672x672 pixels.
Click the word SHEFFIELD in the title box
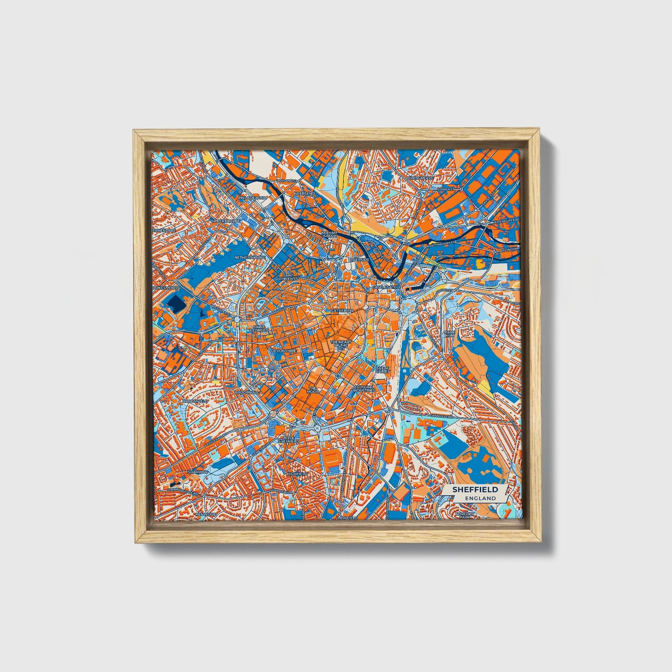[x=475, y=489]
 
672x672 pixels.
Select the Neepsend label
[x=304, y=193]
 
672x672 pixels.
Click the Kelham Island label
[x=329, y=234]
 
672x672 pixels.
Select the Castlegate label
[x=384, y=288]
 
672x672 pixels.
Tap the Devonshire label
[x=283, y=350]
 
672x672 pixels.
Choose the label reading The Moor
[x=313, y=390]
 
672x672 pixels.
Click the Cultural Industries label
[x=364, y=388]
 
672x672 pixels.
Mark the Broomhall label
[x=246, y=393]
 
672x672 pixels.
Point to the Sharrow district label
[x=198, y=472]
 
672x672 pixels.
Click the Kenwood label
[x=206, y=514]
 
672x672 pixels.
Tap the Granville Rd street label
[x=441, y=416]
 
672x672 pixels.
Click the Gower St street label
[x=446, y=190]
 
